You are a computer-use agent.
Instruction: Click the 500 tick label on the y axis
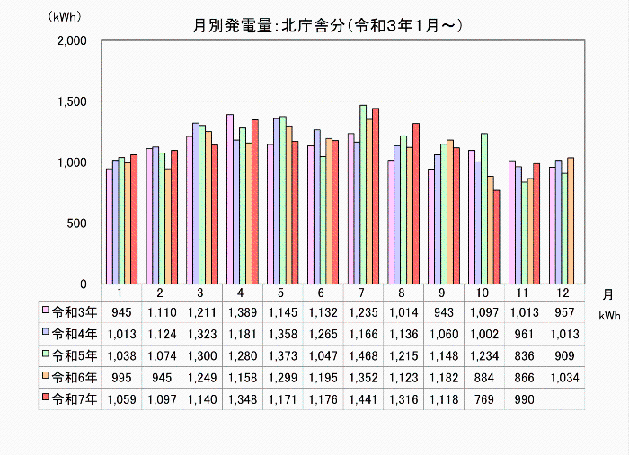click(x=75, y=223)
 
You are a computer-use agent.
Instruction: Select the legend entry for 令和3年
click(x=68, y=312)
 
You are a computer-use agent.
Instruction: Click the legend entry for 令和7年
click(x=68, y=398)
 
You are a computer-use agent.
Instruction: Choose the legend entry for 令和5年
click(x=68, y=355)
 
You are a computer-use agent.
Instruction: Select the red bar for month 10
click(x=497, y=237)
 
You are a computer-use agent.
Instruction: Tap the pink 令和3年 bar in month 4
click(x=230, y=199)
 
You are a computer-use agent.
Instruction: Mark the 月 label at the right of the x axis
click(x=608, y=293)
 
